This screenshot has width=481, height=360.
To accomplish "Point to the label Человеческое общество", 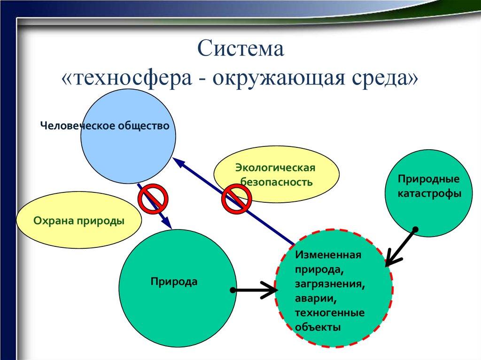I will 104,125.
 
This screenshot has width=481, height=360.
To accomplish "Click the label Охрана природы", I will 79,220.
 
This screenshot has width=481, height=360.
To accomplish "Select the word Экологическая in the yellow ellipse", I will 275,168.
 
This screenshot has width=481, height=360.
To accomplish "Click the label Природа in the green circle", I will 174,282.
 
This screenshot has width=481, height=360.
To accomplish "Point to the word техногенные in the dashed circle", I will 330,313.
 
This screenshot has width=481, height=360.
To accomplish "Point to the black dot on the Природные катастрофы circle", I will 415,230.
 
